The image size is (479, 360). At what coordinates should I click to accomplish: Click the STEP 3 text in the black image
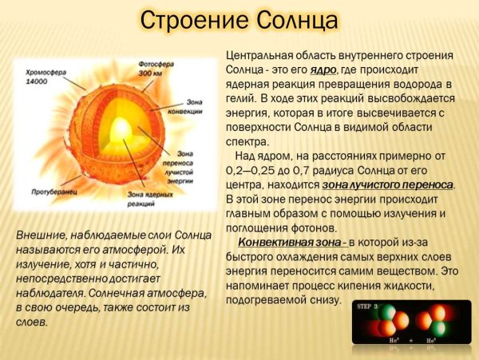[x=369, y=307]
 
